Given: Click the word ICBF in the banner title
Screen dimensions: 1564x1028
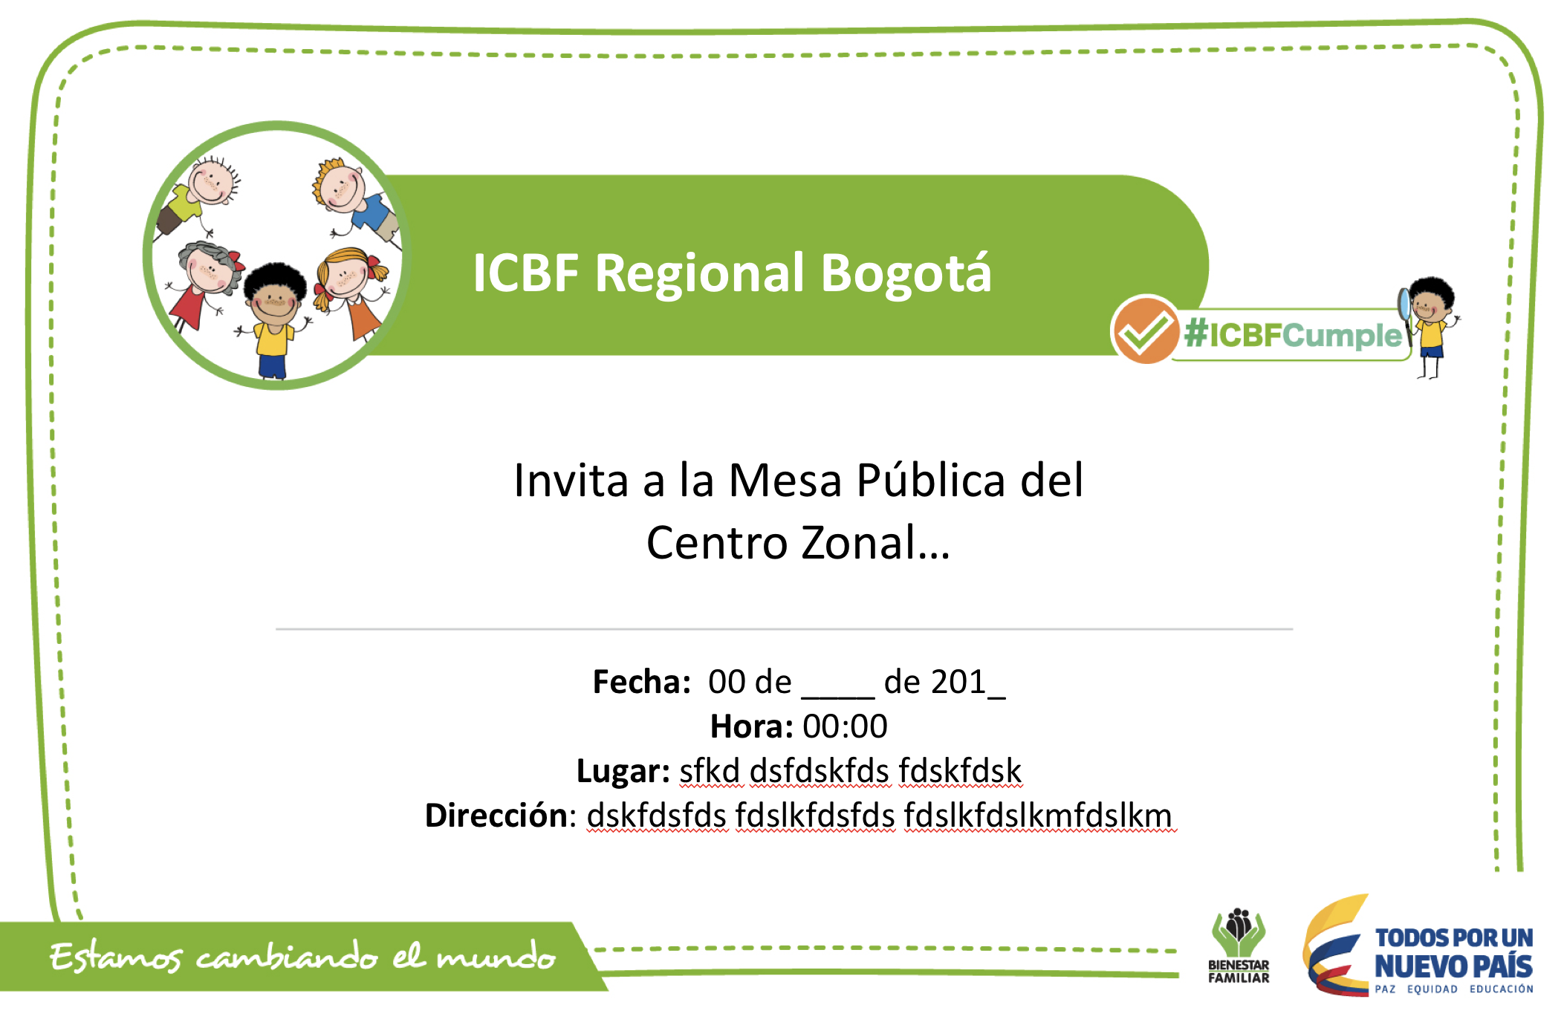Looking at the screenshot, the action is click(x=525, y=273).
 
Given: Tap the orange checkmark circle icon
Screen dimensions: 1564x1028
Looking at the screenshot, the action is click(x=1145, y=330).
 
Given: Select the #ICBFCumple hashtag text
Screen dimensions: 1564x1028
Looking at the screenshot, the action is click(x=1293, y=335).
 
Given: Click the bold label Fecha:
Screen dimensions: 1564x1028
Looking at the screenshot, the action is click(x=642, y=682).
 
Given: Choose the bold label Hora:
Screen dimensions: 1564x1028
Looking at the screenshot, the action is click(x=751, y=726).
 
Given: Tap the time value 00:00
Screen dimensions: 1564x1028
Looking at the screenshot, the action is click(x=845, y=726).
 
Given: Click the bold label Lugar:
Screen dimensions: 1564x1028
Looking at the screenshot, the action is click(x=623, y=772).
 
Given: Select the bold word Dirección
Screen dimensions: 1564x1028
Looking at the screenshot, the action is click(x=496, y=816).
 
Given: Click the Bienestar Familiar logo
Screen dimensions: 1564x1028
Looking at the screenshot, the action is click(x=1239, y=945).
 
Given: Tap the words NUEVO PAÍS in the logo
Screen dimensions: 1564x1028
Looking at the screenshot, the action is click(x=1453, y=966).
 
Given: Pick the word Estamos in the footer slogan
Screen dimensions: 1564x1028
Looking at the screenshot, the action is click(x=115, y=957).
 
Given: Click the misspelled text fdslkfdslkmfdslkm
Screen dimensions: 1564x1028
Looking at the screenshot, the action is click(x=1038, y=816).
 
